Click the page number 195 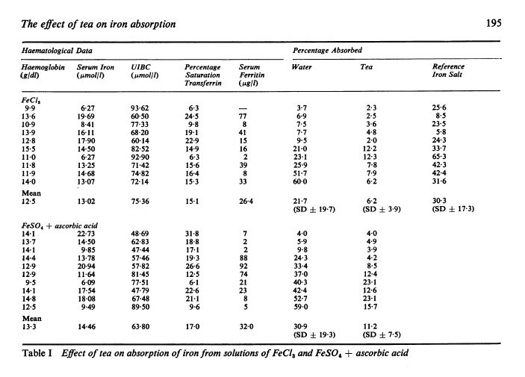pyautogui.click(x=493, y=24)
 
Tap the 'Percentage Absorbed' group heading pyautogui.click(x=328, y=51)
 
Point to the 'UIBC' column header pyautogui.click(x=141, y=72)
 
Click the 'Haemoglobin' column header pyautogui.click(x=37, y=72)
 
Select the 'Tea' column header pyautogui.click(x=367, y=68)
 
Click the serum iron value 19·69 pyautogui.click(x=87, y=116)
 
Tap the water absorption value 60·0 pyautogui.click(x=302, y=181)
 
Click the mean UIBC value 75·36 pyautogui.click(x=140, y=199)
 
